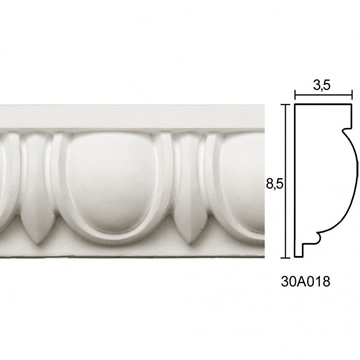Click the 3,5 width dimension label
tap(322, 86)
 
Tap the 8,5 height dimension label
tap(274, 184)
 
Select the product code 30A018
tap(305, 282)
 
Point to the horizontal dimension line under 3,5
tap(323, 96)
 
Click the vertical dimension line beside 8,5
tap(285, 181)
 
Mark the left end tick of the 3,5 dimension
tap(295, 96)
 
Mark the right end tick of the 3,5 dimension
tap(352, 96)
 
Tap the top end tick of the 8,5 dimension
tap(285, 104)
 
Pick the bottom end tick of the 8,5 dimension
tap(285, 258)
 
